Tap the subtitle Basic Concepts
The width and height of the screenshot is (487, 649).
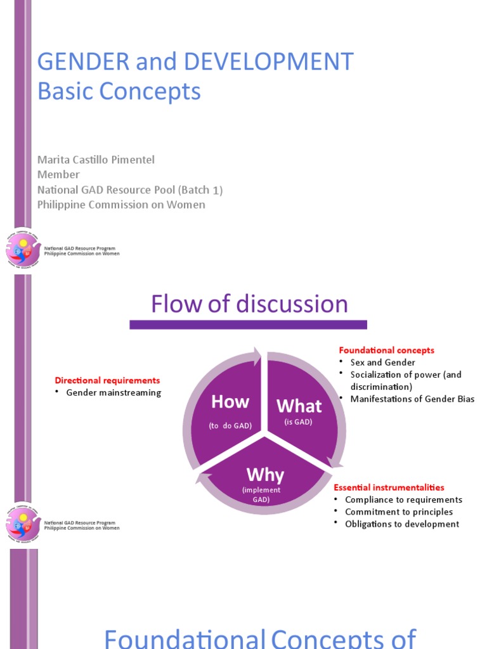pos(119,91)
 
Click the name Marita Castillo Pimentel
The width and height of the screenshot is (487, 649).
pos(96,160)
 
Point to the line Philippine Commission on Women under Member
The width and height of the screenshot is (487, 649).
pos(121,205)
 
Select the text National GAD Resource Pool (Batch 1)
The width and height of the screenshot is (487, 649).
pos(130,190)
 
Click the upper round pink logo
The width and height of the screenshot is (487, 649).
pos(23,248)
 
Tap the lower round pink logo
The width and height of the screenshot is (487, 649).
pos(23,524)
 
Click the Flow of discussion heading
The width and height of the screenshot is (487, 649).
pos(249,304)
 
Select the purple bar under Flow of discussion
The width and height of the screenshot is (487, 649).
pos(248,324)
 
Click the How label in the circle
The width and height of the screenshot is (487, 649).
pos(230,402)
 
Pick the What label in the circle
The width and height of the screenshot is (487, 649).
pos(299,406)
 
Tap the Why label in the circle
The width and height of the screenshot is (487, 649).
pos(265,475)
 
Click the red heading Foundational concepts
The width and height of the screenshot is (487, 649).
pos(387,350)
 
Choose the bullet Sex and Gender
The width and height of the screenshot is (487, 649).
pos(382,363)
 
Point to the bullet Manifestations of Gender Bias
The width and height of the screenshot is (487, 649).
pos(412,399)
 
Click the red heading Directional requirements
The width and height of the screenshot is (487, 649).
pos(107,380)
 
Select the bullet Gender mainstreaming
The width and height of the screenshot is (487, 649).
pos(114,392)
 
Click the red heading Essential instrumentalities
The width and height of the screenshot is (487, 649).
pos(389,487)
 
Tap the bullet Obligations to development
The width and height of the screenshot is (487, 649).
pos(402,524)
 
